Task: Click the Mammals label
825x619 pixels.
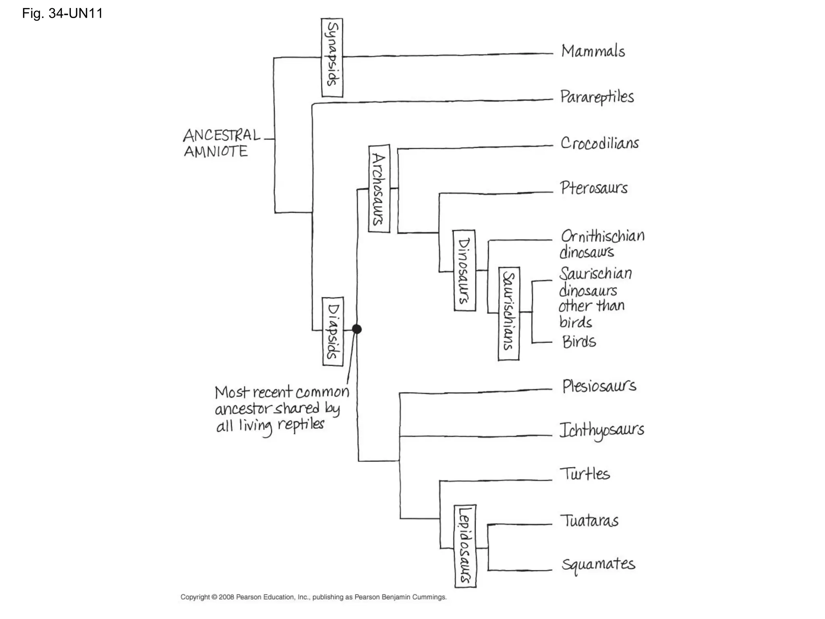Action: pyautogui.click(x=593, y=52)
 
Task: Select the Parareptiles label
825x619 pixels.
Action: pyautogui.click(x=597, y=97)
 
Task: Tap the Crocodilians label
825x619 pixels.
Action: pyautogui.click(x=599, y=143)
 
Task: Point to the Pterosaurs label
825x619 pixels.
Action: pyautogui.click(x=594, y=188)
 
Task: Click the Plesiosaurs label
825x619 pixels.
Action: pyautogui.click(x=599, y=386)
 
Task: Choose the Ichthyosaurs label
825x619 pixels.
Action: pyautogui.click(x=601, y=430)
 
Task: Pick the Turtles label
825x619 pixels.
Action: pyautogui.click(x=585, y=474)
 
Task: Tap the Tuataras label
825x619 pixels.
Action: pyautogui.click(x=589, y=521)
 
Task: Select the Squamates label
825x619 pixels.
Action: pyautogui.click(x=598, y=564)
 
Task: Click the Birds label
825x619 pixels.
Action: pyautogui.click(x=579, y=342)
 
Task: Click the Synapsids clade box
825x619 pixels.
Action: pyautogui.click(x=332, y=58)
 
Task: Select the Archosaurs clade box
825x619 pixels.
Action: pyautogui.click(x=379, y=188)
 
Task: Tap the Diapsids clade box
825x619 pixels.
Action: pyautogui.click(x=333, y=331)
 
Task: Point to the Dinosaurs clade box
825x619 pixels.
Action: pyautogui.click(x=464, y=270)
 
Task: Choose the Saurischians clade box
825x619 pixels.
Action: pyautogui.click(x=509, y=314)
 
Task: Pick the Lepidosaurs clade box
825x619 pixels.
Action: pyautogui.click(x=465, y=546)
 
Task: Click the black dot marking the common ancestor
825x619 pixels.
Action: pyautogui.click(x=357, y=329)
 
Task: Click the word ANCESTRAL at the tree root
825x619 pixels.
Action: pyautogui.click(x=222, y=135)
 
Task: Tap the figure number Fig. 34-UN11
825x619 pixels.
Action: pyautogui.click(x=62, y=14)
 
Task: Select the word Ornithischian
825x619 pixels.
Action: pyautogui.click(x=603, y=236)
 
